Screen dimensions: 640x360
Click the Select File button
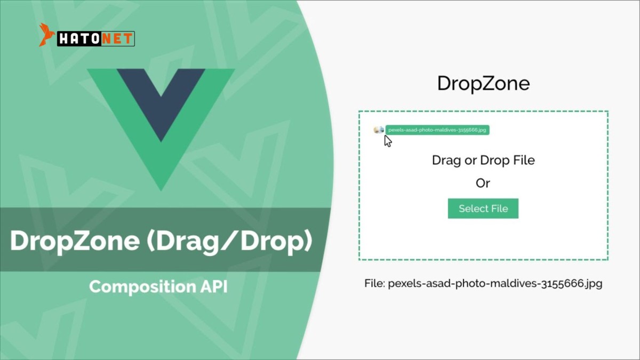pyautogui.click(x=483, y=209)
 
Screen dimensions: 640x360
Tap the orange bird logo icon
pyautogui.click(x=46, y=35)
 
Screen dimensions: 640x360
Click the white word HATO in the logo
pyautogui.click(x=79, y=39)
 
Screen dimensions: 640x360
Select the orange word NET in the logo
pyautogui.click(x=117, y=39)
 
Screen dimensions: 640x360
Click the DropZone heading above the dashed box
pyautogui.click(x=483, y=83)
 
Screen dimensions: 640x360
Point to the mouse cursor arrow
pyautogui.click(x=388, y=141)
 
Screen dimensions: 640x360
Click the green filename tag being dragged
pyautogui.click(x=437, y=130)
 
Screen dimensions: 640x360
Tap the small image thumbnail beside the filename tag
pyautogui.click(x=379, y=130)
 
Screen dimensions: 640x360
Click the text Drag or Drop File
pyautogui.click(x=483, y=161)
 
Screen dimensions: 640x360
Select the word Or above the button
pyautogui.click(x=483, y=183)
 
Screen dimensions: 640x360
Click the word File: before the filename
pyautogui.click(x=375, y=283)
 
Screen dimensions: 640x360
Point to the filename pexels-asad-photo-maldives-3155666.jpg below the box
pyautogui.click(x=495, y=284)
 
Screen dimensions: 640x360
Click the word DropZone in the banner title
pyautogui.click(x=75, y=241)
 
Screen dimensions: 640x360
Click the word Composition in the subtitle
pyautogui.click(x=142, y=287)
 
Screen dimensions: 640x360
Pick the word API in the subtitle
pyautogui.click(x=214, y=286)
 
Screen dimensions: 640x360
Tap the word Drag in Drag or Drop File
pyautogui.click(x=447, y=161)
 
